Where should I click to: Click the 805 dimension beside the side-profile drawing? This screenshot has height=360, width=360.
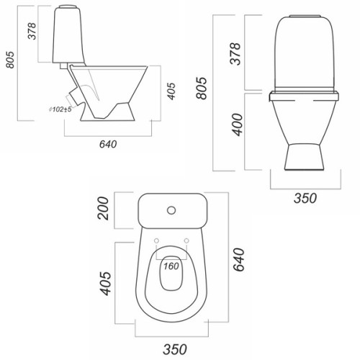10,60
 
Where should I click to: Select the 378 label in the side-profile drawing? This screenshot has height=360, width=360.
32,31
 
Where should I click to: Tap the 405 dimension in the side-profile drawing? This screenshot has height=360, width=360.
171,91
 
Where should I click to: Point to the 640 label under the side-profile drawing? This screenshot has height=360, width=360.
108,144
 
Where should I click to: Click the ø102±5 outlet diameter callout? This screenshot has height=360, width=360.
60,109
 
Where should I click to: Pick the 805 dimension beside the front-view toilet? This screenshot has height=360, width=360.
201,88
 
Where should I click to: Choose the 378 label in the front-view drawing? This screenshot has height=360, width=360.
235,54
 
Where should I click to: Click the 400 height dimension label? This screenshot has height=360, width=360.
238,125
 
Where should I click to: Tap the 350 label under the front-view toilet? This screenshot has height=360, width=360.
305,199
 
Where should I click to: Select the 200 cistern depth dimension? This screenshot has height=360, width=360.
103,208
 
